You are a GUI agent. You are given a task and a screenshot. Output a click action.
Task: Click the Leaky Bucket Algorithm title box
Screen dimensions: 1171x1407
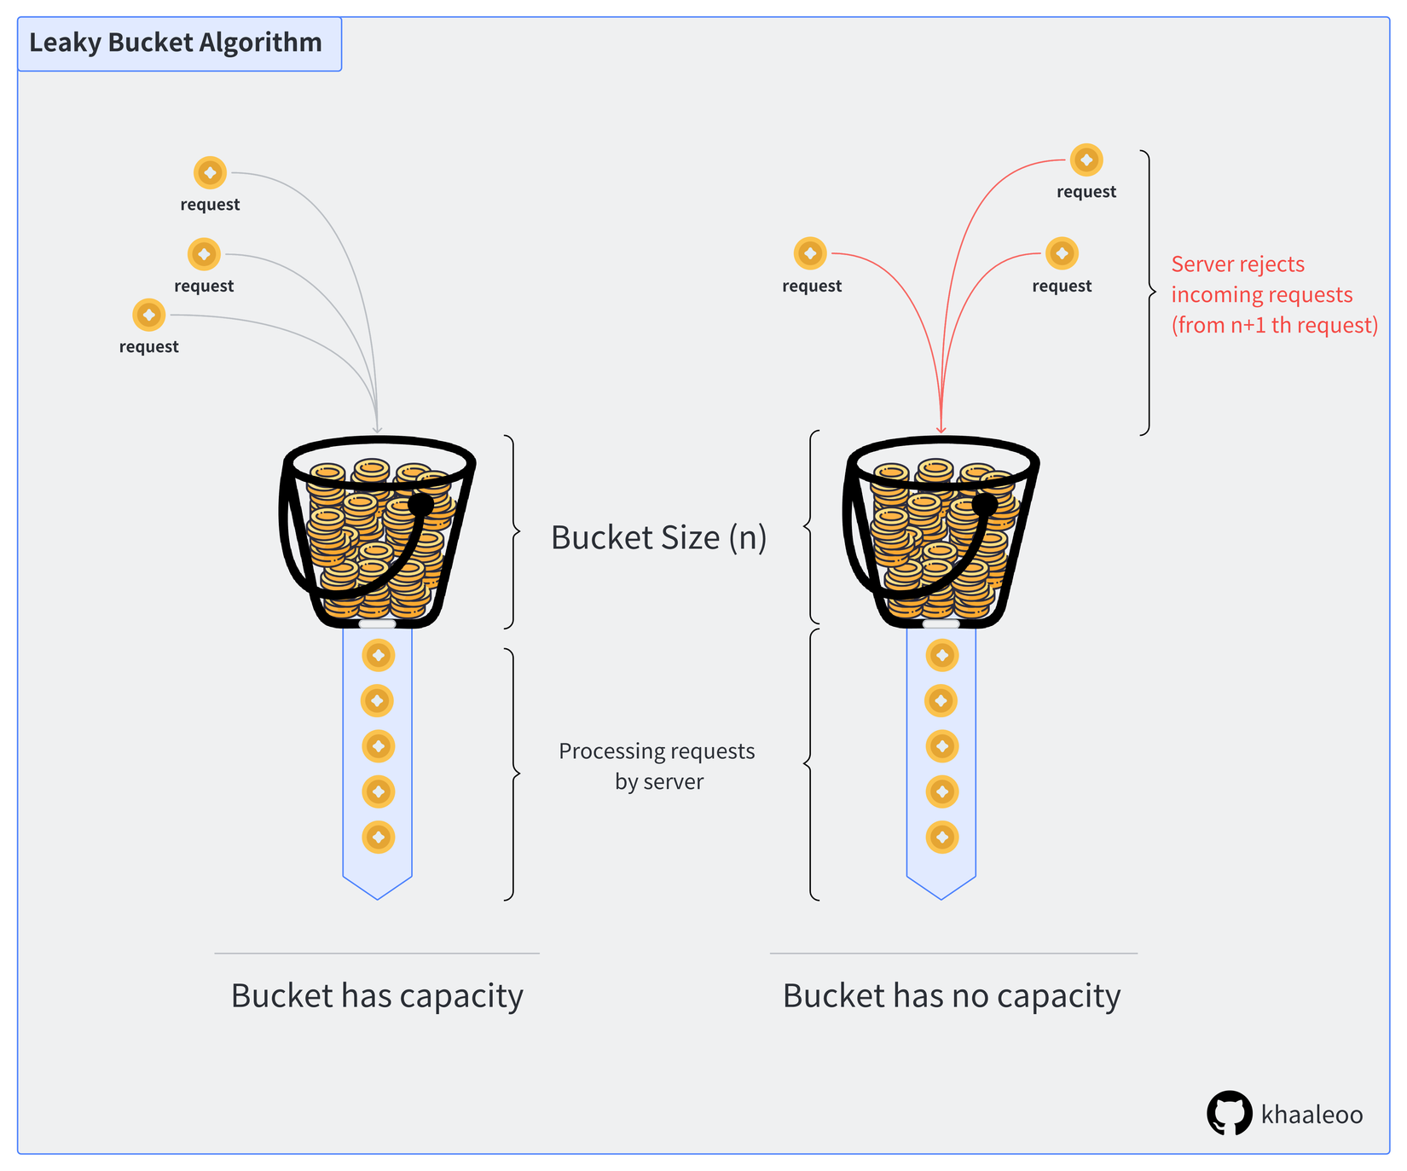pos(179,43)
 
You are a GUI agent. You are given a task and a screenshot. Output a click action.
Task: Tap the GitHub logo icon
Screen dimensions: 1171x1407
pos(1229,1113)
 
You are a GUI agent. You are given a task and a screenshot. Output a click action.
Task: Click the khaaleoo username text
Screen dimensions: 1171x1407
pos(1311,1115)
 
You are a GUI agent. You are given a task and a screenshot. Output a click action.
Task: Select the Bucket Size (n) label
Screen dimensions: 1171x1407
pos(658,537)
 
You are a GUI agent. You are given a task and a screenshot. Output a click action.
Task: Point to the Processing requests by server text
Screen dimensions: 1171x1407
pos(657,766)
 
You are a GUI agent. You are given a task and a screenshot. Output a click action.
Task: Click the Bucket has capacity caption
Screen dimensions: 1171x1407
pos(377,995)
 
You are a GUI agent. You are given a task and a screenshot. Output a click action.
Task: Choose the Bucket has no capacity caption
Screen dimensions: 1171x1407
pos(951,995)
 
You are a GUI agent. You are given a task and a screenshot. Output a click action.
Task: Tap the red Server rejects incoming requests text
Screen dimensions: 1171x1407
pos(1273,294)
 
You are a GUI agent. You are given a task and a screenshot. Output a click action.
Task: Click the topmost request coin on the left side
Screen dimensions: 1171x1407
pos(210,173)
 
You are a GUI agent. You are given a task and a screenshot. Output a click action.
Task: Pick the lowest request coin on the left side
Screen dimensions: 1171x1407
pos(149,315)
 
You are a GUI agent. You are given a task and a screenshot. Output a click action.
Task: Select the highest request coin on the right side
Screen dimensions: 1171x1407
pos(1086,159)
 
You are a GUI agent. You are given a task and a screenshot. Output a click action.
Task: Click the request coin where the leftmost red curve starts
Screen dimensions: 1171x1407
pos(810,253)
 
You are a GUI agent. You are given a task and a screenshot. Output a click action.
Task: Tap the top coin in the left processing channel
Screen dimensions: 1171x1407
pos(378,655)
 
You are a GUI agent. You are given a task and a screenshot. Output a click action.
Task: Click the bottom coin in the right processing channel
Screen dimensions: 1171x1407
pos(941,837)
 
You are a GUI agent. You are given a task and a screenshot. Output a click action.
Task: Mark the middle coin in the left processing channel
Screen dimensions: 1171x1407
pos(378,746)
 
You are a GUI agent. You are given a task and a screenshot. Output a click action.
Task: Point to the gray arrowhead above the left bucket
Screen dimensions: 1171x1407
pos(377,429)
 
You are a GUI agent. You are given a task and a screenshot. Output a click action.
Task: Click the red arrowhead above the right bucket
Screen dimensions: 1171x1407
pos(941,429)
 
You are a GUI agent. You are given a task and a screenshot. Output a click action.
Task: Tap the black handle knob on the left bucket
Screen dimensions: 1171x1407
pos(420,505)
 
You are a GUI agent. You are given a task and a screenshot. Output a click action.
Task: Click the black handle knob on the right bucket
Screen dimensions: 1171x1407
pos(984,505)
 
